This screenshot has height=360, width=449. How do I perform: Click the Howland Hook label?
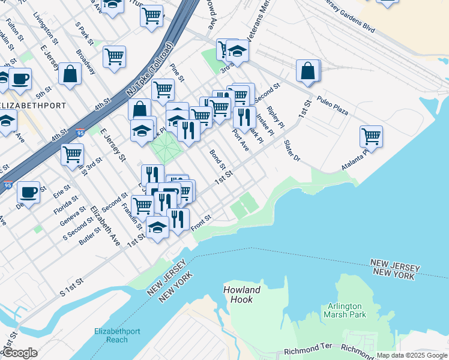(243, 295)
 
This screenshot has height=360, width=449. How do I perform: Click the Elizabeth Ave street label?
(105, 227)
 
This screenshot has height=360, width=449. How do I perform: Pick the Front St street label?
(201, 223)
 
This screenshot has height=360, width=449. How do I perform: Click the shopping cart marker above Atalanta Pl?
(372, 136)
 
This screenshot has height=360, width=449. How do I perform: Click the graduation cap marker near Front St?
(157, 227)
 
